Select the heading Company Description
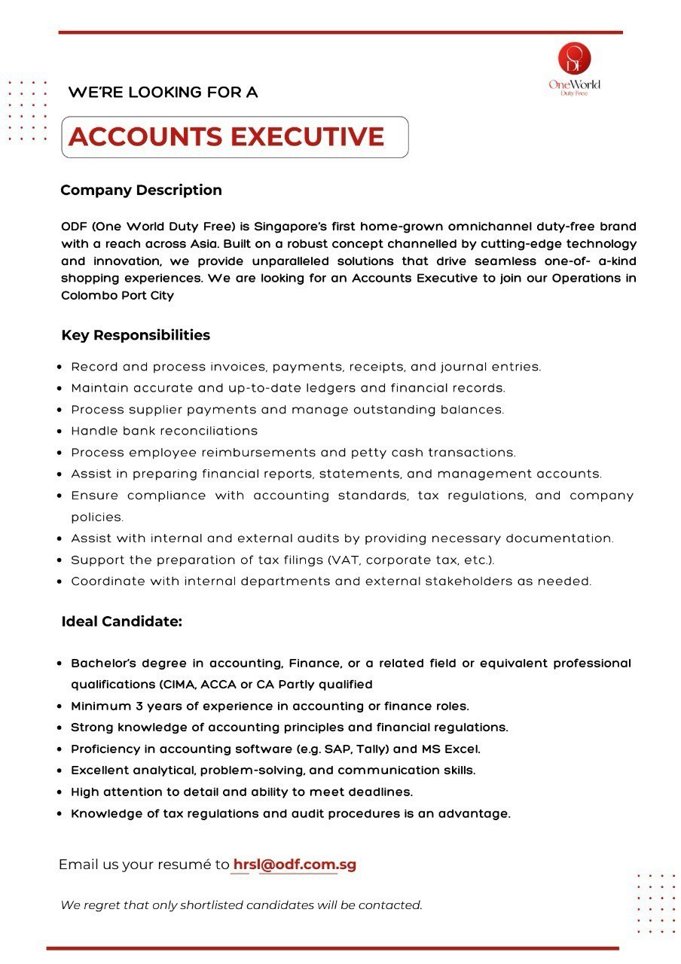(x=141, y=190)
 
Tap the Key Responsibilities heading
(x=136, y=335)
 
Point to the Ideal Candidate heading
(x=122, y=622)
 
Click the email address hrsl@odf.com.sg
(x=295, y=865)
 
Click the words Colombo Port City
(x=118, y=296)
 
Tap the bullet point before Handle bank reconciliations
(x=60, y=432)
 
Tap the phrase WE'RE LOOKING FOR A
(x=163, y=93)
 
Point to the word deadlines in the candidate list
(x=380, y=792)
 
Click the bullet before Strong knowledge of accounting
(x=60, y=728)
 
